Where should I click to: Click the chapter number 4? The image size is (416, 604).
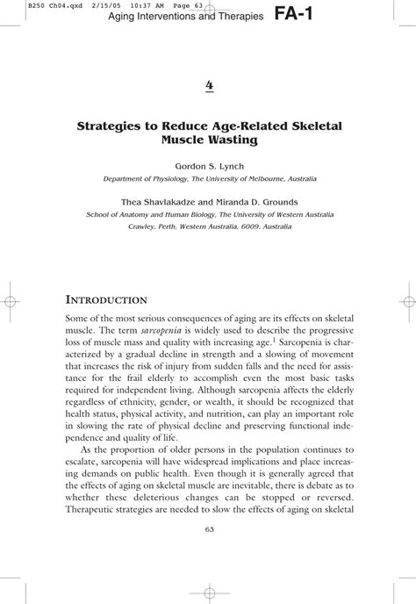tap(209, 85)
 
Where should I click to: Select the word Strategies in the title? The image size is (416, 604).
tap(114, 125)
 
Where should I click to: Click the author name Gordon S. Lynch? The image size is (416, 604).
tap(209, 165)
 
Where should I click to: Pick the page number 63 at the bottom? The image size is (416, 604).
tap(209, 528)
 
